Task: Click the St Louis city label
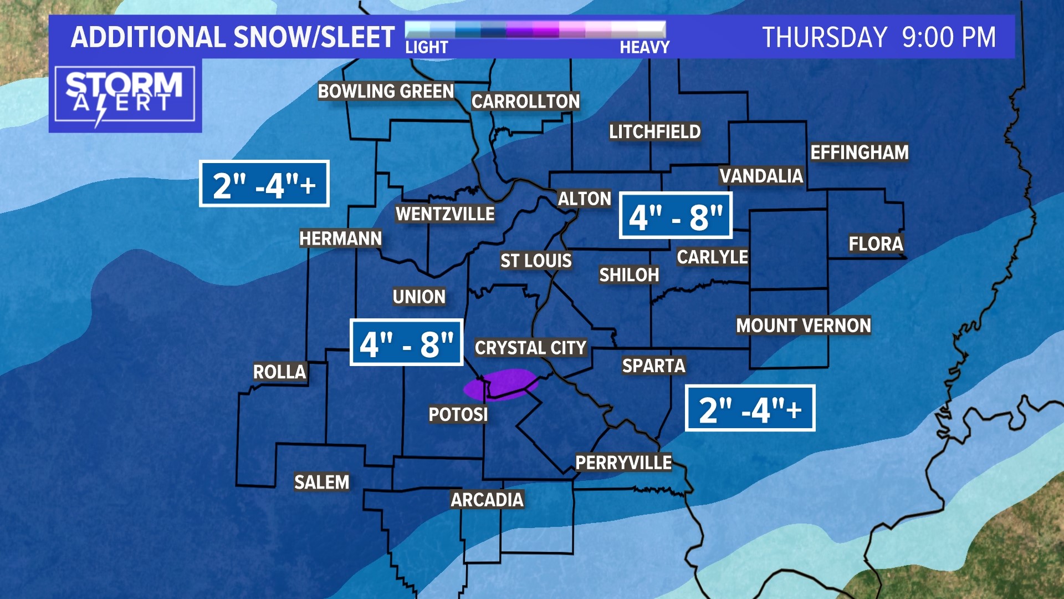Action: pos(536,261)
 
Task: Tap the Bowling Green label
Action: pos(386,91)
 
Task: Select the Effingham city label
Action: pos(860,152)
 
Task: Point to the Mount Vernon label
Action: pos(804,326)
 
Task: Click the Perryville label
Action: pos(623,463)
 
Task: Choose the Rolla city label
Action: pos(279,372)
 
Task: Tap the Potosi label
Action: pos(458,414)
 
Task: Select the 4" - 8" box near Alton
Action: pos(676,216)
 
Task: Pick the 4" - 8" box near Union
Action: pos(406,343)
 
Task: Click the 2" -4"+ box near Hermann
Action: pos(264,184)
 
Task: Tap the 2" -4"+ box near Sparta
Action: pos(750,408)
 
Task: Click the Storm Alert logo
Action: pos(125,95)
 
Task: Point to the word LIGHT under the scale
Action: pos(426,48)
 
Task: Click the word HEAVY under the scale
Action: pos(644,48)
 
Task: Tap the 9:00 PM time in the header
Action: pos(949,37)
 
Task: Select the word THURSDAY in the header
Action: pos(825,37)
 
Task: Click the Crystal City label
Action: pos(530,348)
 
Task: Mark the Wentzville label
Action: pos(445,214)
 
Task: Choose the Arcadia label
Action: pos(487,500)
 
